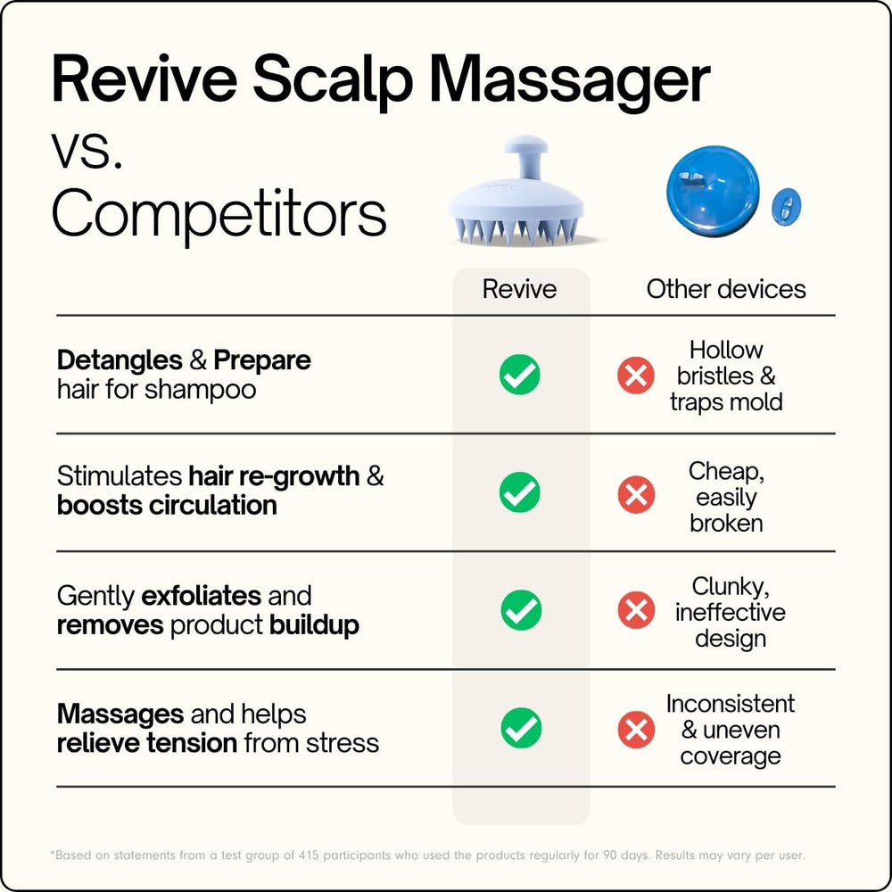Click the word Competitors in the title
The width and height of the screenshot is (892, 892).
[219, 214]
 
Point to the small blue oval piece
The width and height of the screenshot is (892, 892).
[786, 205]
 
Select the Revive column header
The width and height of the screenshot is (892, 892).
[519, 289]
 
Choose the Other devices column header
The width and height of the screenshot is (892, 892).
[726, 289]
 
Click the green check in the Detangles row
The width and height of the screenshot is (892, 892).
[519, 375]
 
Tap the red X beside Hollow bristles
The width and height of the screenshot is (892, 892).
[635, 375]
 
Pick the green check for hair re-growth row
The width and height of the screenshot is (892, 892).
[519, 492]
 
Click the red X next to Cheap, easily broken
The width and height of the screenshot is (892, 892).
[636, 494]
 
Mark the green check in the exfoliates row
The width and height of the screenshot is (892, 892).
[521, 610]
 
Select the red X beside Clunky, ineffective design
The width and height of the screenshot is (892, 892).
[636, 610]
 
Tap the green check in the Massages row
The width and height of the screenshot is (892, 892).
[521, 728]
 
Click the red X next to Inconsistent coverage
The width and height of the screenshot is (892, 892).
[636, 730]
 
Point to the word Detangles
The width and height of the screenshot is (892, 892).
[120, 360]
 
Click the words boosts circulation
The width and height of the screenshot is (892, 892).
[167, 505]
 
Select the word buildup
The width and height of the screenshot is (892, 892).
[314, 624]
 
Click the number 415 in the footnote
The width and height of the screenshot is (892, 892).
[309, 855]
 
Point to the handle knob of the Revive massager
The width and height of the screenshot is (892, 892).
[526, 145]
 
